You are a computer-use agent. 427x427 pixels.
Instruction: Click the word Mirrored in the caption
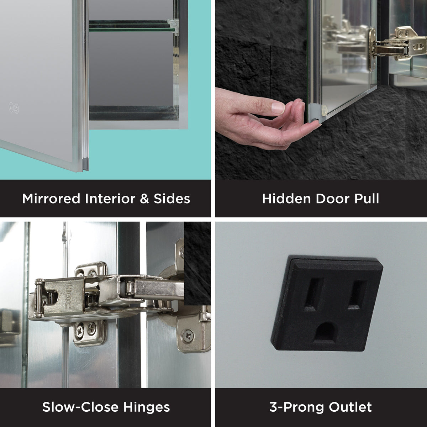pos(51,199)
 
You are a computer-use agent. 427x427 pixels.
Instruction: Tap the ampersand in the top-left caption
pos(144,199)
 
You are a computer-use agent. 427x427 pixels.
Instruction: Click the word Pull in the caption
pos(367,199)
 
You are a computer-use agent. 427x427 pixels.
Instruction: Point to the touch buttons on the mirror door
pos(14,108)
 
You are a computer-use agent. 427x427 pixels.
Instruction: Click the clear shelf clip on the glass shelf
pos(173,26)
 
